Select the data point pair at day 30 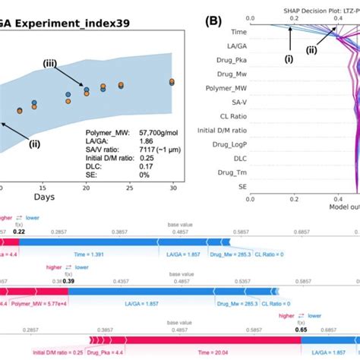[172, 82]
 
